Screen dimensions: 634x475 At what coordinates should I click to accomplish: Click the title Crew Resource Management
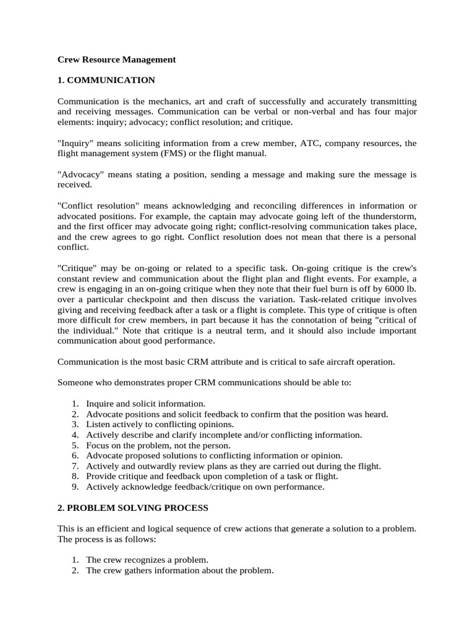point(116,59)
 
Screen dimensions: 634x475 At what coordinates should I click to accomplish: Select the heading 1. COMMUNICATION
point(106,80)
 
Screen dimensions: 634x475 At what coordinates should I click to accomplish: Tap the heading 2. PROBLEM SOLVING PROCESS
point(132,508)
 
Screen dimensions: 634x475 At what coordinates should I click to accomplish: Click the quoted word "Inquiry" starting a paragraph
point(76,143)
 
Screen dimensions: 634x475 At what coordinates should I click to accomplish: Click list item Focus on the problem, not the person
point(158,445)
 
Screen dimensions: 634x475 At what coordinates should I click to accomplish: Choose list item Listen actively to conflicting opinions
point(160,424)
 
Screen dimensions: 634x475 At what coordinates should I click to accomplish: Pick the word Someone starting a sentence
point(74,383)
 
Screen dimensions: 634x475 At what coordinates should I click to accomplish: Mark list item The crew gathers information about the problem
point(179,570)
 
